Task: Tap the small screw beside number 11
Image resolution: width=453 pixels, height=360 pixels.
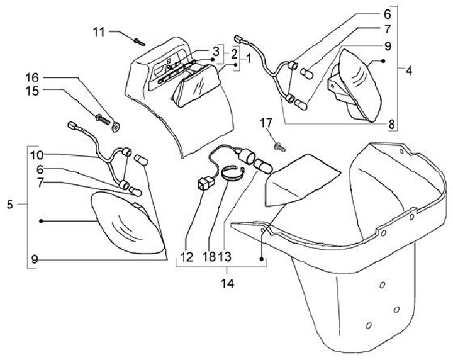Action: [139, 42]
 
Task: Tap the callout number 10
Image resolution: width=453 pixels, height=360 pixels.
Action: [36, 154]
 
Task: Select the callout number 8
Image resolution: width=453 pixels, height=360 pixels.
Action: [391, 124]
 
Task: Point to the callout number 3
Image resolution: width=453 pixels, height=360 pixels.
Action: [216, 50]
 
